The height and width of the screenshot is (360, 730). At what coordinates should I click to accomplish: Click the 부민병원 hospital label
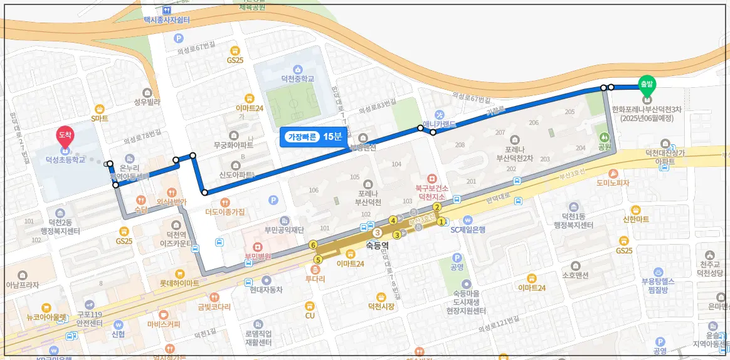tap(257, 256)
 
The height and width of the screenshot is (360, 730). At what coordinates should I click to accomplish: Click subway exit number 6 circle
tap(313, 245)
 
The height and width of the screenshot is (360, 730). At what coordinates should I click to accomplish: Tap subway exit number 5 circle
tap(318, 260)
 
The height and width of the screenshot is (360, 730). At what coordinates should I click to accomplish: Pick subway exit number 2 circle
tap(437, 207)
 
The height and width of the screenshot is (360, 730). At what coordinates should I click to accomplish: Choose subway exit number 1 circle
tap(442, 221)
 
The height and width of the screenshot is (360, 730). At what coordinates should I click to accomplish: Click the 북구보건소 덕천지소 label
tap(431, 191)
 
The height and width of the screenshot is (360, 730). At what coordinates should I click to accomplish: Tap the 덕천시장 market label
tap(381, 306)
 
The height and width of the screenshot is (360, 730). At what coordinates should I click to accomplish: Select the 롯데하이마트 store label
tap(179, 283)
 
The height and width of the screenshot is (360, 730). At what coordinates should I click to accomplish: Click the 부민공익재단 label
tap(285, 230)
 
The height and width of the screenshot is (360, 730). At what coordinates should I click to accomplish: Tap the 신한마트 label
tap(637, 220)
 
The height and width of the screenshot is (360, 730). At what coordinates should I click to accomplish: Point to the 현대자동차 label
tap(266, 290)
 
